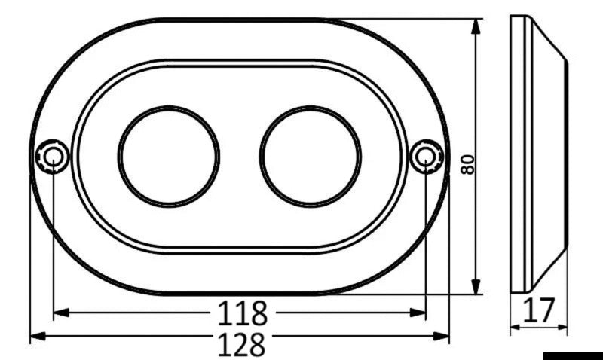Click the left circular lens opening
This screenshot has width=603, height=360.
[169, 156]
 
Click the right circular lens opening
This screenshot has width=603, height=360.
[311, 156]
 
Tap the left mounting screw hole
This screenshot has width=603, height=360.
[54, 156]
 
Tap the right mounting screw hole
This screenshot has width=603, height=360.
[426, 156]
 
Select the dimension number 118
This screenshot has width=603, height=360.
[243, 311]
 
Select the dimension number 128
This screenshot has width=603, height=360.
[243, 344]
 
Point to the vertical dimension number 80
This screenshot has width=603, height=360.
[468, 165]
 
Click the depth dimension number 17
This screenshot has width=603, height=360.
[539, 310]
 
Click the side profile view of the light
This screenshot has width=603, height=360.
[537, 154]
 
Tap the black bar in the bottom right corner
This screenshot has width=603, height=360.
[573, 355]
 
